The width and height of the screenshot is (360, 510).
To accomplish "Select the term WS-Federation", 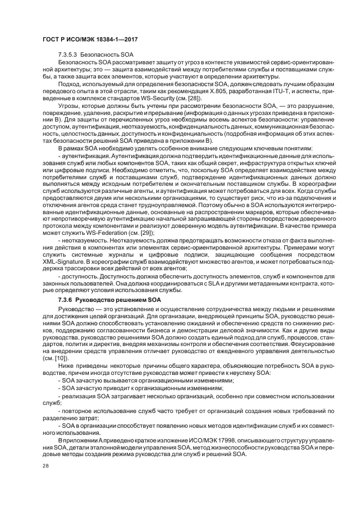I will (100, 233).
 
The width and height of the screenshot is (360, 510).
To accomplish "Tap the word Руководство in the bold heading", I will (95, 300).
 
